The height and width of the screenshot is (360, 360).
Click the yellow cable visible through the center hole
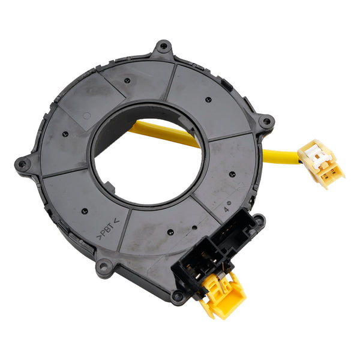pos(166,132)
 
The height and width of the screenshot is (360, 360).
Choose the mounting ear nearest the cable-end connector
pos(265,122)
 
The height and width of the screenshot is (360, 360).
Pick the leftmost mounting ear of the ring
pos(23,163)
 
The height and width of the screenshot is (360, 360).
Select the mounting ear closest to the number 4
pos(258,221)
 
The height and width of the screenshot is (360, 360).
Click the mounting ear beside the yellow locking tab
pos(178,296)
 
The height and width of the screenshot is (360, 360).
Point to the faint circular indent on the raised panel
pos(87,115)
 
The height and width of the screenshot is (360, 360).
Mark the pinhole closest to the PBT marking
pos(85,211)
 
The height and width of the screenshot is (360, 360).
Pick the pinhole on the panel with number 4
pos(232,175)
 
